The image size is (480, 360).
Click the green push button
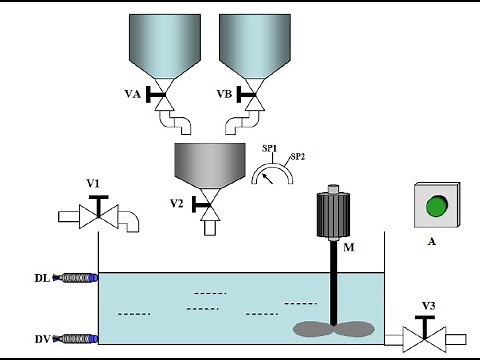point(437,206)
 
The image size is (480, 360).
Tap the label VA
point(133,94)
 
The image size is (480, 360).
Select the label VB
point(224,94)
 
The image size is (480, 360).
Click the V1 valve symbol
point(99,212)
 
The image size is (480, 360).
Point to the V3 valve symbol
point(424,334)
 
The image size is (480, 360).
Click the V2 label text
point(177,203)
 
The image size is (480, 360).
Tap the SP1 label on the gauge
point(270,149)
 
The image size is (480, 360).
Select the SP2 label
point(298,156)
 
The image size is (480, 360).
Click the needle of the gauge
point(268,179)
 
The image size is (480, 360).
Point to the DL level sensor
point(75,278)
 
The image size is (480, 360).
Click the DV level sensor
point(75,339)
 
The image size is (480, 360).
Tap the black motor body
point(333,215)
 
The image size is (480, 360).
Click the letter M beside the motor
point(349,247)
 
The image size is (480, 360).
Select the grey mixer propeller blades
point(334,329)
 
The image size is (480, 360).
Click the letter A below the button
point(432,241)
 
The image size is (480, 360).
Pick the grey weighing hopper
point(210,166)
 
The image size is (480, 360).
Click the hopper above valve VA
point(165,46)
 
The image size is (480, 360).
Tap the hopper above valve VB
point(255,46)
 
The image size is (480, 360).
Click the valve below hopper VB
point(254,95)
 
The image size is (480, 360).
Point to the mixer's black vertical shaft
point(333,282)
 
